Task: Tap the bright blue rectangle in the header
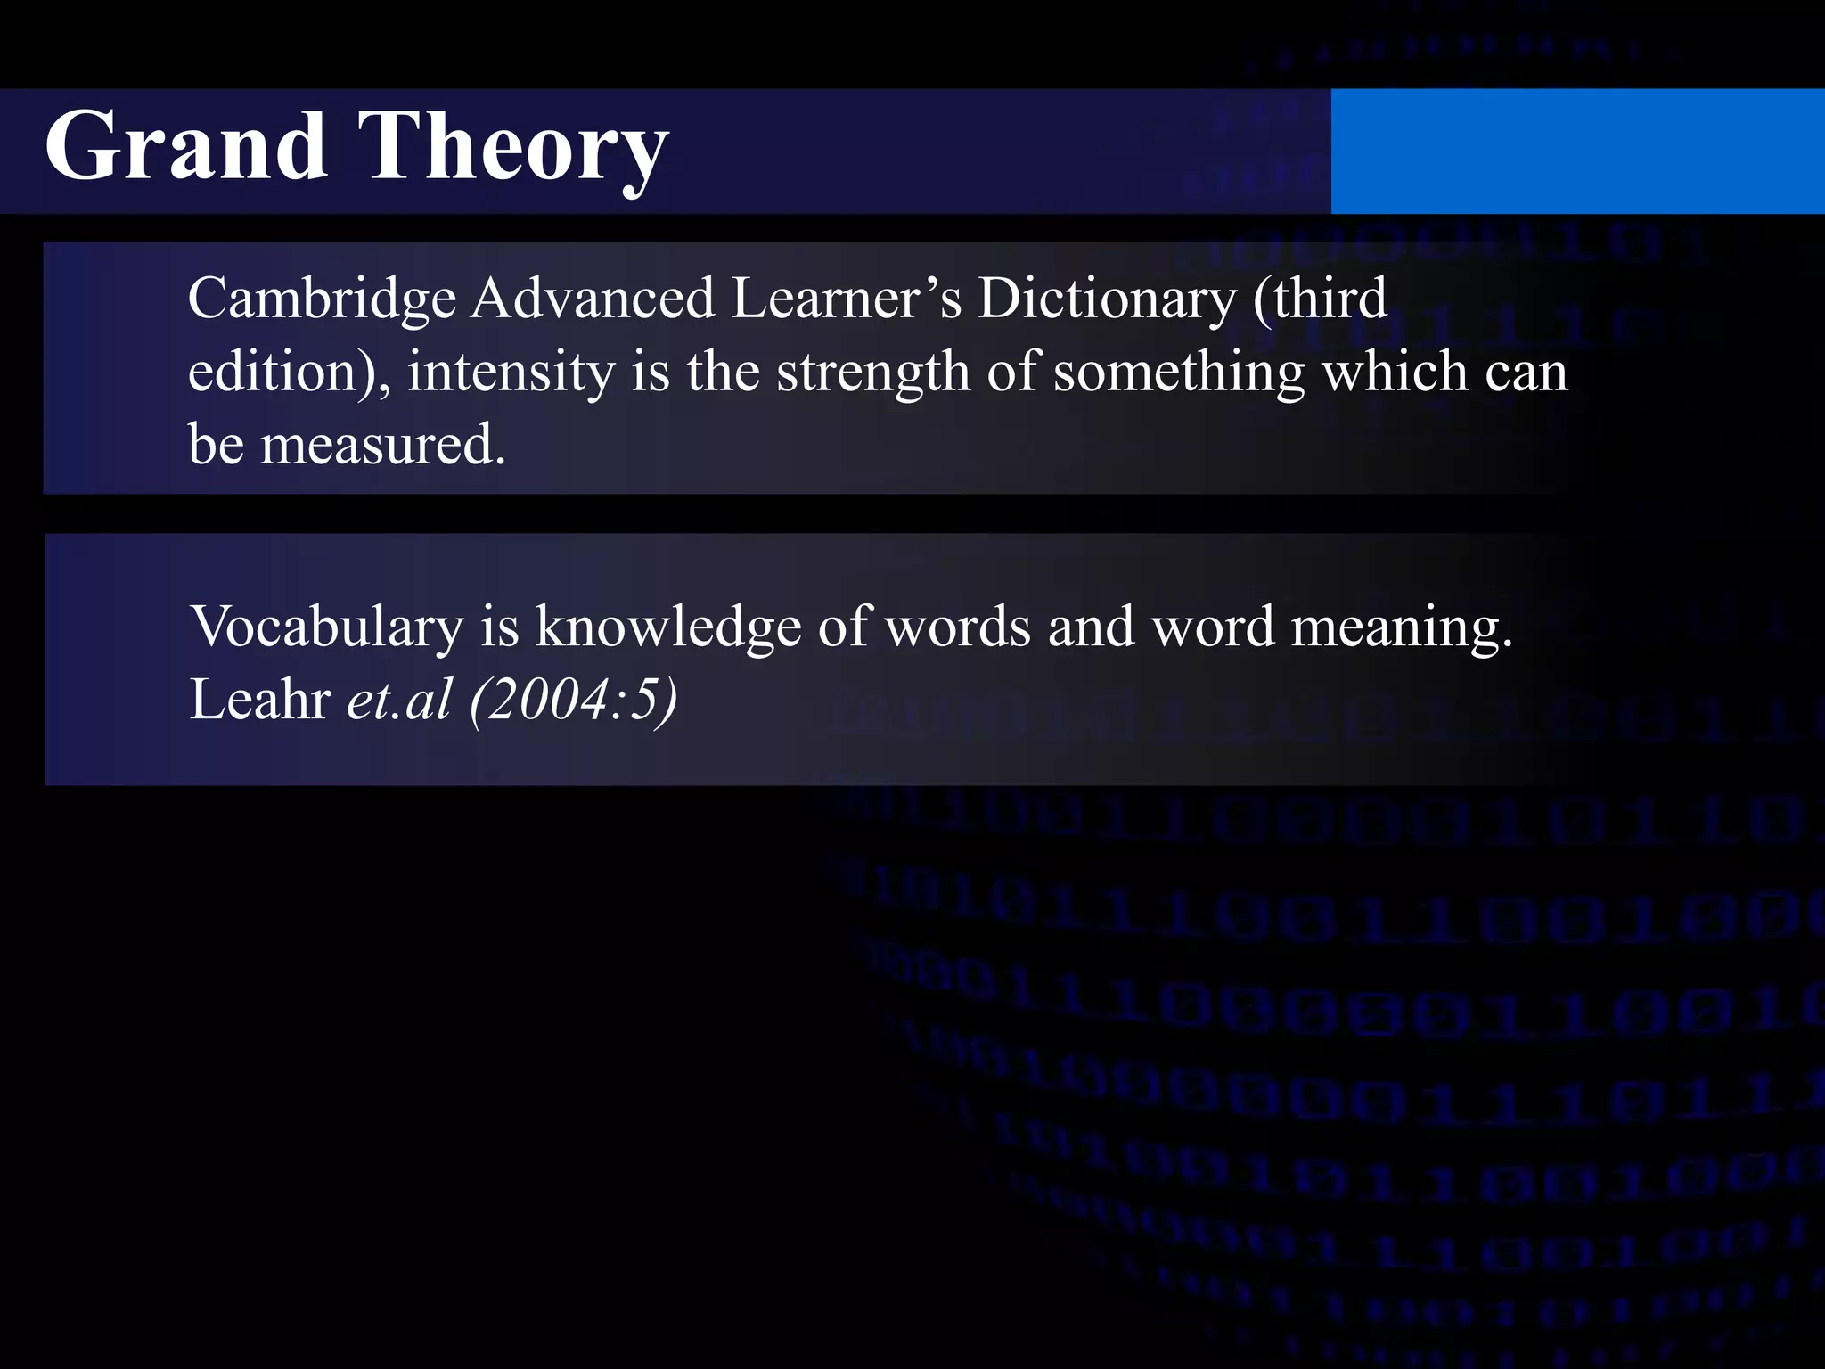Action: point(1577,152)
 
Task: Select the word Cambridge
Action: point(322,300)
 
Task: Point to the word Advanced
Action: point(593,299)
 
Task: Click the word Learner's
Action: point(847,299)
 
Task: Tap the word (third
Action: point(1319,299)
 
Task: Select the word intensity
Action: point(511,373)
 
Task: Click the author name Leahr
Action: point(260,700)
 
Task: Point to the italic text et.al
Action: point(399,700)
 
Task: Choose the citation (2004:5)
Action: point(573,701)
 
